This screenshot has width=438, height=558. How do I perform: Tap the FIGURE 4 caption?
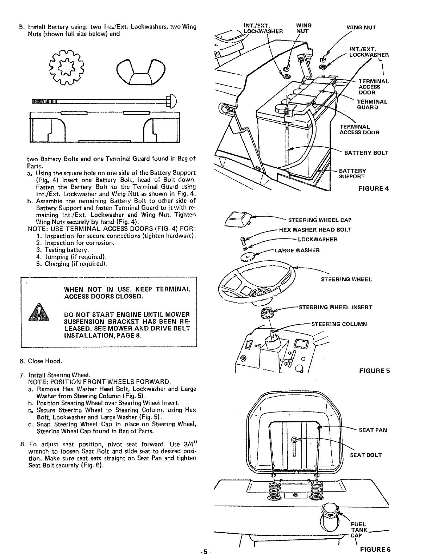pyautogui.click(x=373, y=188)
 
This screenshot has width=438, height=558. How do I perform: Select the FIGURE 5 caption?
pyautogui.click(x=374, y=371)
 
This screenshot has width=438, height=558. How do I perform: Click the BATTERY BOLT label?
pyautogui.click(x=366, y=153)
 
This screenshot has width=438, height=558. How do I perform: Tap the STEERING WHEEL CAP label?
pyautogui.click(x=320, y=220)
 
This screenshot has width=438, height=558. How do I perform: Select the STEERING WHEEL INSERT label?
pyautogui.click(x=335, y=307)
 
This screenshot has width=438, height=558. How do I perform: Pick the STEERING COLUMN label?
pyautogui.click(x=339, y=324)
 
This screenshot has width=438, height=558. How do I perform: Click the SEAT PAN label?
pyautogui.click(x=373, y=430)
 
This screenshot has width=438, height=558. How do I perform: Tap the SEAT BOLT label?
pyautogui.click(x=365, y=455)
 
